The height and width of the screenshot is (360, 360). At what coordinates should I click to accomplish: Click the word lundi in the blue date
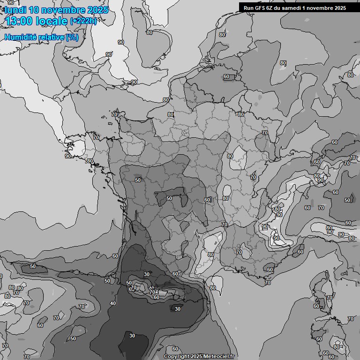point(14,9)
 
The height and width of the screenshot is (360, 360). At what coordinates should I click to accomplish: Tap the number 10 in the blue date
point(34,9)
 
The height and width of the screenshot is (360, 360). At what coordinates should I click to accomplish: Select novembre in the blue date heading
point(63,9)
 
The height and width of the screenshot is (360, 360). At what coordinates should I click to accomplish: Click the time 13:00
point(19,21)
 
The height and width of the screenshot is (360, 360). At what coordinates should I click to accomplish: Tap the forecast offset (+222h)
point(84,21)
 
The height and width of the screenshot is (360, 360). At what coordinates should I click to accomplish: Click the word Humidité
point(19,37)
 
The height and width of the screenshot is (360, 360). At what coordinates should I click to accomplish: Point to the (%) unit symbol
point(72,37)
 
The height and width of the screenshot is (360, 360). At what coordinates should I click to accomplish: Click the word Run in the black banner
point(248,7)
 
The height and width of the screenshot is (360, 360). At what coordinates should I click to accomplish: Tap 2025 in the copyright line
point(196,357)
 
